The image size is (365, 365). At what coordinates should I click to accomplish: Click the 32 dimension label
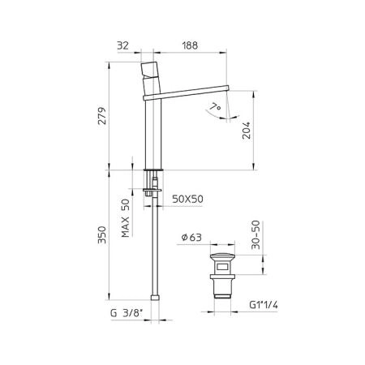click(122, 45)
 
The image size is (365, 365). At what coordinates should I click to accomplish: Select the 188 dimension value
click(190, 45)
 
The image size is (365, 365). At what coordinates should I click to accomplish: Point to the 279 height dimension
click(102, 116)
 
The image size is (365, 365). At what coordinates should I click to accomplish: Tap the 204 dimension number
click(247, 131)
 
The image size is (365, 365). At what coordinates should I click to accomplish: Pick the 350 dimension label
click(102, 235)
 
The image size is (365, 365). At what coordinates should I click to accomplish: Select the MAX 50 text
click(126, 218)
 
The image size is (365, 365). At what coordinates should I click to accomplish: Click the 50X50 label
click(188, 200)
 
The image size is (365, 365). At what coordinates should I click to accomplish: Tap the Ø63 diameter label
click(192, 238)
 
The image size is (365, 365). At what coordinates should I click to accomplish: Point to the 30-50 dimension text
click(255, 234)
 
